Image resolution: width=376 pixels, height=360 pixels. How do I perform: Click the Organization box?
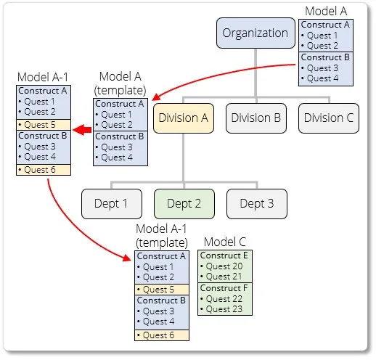click(256, 33)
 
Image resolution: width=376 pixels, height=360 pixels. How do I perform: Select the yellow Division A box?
click(183, 118)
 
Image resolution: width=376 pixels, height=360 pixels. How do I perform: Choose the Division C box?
click(328, 118)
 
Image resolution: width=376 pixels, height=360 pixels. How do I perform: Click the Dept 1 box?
click(110, 204)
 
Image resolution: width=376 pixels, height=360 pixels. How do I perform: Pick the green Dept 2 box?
click(183, 204)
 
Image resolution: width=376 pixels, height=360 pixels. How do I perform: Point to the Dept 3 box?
click(256, 204)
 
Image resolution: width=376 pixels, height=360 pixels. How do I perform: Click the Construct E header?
click(224, 255)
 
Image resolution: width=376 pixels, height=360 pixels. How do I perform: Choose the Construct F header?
click(224, 287)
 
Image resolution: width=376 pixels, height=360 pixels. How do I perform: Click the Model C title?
click(225, 241)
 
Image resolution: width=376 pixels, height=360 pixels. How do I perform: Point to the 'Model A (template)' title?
click(120, 83)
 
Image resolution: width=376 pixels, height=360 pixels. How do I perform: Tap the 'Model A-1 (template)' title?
click(161, 235)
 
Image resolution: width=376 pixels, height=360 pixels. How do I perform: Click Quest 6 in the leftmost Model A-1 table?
click(40, 169)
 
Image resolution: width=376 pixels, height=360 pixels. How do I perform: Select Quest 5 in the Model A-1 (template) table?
click(161, 289)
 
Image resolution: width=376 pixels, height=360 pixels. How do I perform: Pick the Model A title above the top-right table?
click(326, 11)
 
